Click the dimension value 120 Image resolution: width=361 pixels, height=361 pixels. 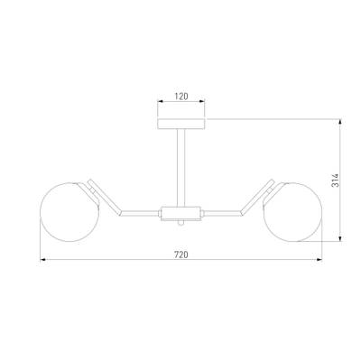[x=181, y=97]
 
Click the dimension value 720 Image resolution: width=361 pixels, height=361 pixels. [x=181, y=255]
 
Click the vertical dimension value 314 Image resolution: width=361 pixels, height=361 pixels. [x=335, y=180]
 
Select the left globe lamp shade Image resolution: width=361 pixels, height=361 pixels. [x=69, y=212]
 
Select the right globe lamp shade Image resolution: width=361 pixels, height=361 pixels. [x=292, y=212]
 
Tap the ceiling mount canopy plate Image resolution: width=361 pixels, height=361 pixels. [x=181, y=124]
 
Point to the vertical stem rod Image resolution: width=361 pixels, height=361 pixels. [x=181, y=168]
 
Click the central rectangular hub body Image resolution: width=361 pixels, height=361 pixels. [x=181, y=213]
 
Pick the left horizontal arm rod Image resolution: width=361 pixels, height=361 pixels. [x=139, y=213]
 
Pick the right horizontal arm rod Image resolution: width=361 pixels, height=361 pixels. [x=222, y=213]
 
